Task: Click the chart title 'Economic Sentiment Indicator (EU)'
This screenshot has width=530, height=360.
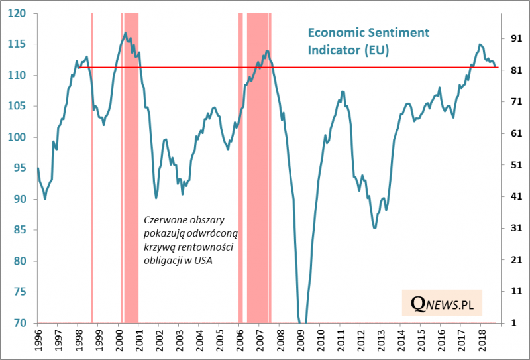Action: [x=368, y=41]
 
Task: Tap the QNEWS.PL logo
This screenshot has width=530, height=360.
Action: [x=442, y=303]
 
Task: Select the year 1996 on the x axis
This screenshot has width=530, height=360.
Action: [x=37, y=341]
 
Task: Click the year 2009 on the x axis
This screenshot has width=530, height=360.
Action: [x=300, y=341]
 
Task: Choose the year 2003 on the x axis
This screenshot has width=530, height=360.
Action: [x=179, y=341]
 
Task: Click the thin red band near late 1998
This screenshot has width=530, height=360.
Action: [x=92, y=166]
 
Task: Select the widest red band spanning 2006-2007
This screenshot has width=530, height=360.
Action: [x=257, y=166]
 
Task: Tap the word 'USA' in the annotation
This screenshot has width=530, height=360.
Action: [x=211, y=259]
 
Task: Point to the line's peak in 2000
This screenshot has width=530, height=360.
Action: [x=125, y=32]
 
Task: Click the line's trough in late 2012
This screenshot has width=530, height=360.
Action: [x=374, y=227]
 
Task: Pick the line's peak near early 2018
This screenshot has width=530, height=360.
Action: [x=480, y=44]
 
